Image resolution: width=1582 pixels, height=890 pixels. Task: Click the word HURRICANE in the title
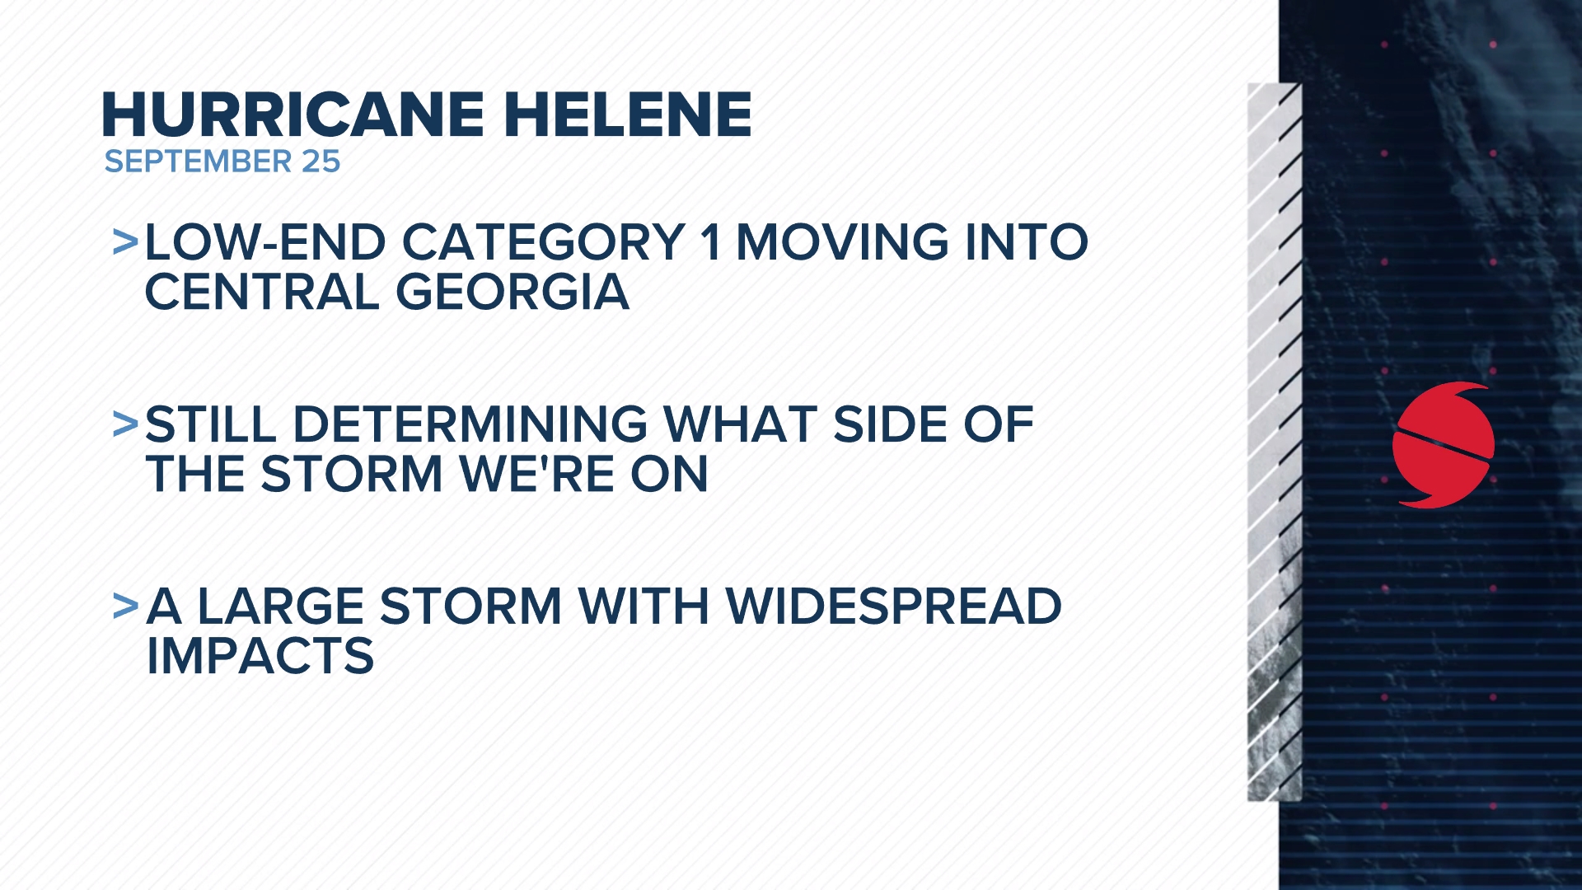293,115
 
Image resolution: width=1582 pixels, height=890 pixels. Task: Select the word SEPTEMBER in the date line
199,162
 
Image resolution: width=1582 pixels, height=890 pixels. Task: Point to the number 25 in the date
321,162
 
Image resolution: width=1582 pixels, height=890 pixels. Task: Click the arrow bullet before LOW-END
125,242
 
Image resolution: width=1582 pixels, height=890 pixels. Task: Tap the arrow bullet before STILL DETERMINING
125,424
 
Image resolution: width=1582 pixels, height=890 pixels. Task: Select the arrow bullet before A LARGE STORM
125,607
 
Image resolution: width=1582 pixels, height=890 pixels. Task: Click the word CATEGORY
543,242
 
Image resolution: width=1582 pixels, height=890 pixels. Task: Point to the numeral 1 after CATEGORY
710,242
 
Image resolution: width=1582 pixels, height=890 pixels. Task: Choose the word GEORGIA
513,293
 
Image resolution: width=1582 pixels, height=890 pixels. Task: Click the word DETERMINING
470,424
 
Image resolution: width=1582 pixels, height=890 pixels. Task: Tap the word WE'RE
537,475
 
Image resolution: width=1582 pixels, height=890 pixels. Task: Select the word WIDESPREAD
894,607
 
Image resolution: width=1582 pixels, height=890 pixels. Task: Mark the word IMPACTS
260,657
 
